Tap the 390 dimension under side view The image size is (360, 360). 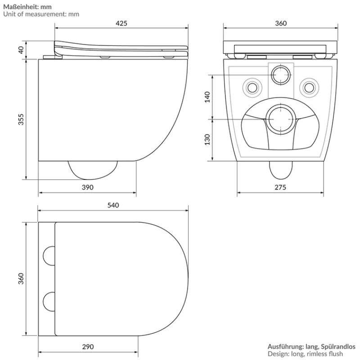coord(88,188)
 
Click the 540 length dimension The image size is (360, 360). coord(113,205)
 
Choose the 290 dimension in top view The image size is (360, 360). coord(88,346)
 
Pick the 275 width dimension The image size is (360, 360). coord(280,188)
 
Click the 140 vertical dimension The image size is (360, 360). coord(207,96)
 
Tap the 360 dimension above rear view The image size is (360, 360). coord(280,23)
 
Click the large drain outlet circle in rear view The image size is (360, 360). coord(281,119)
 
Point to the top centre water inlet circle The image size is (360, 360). coord(281,74)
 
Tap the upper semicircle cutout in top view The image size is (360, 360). coord(49,256)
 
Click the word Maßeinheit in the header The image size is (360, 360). coord(21,7)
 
